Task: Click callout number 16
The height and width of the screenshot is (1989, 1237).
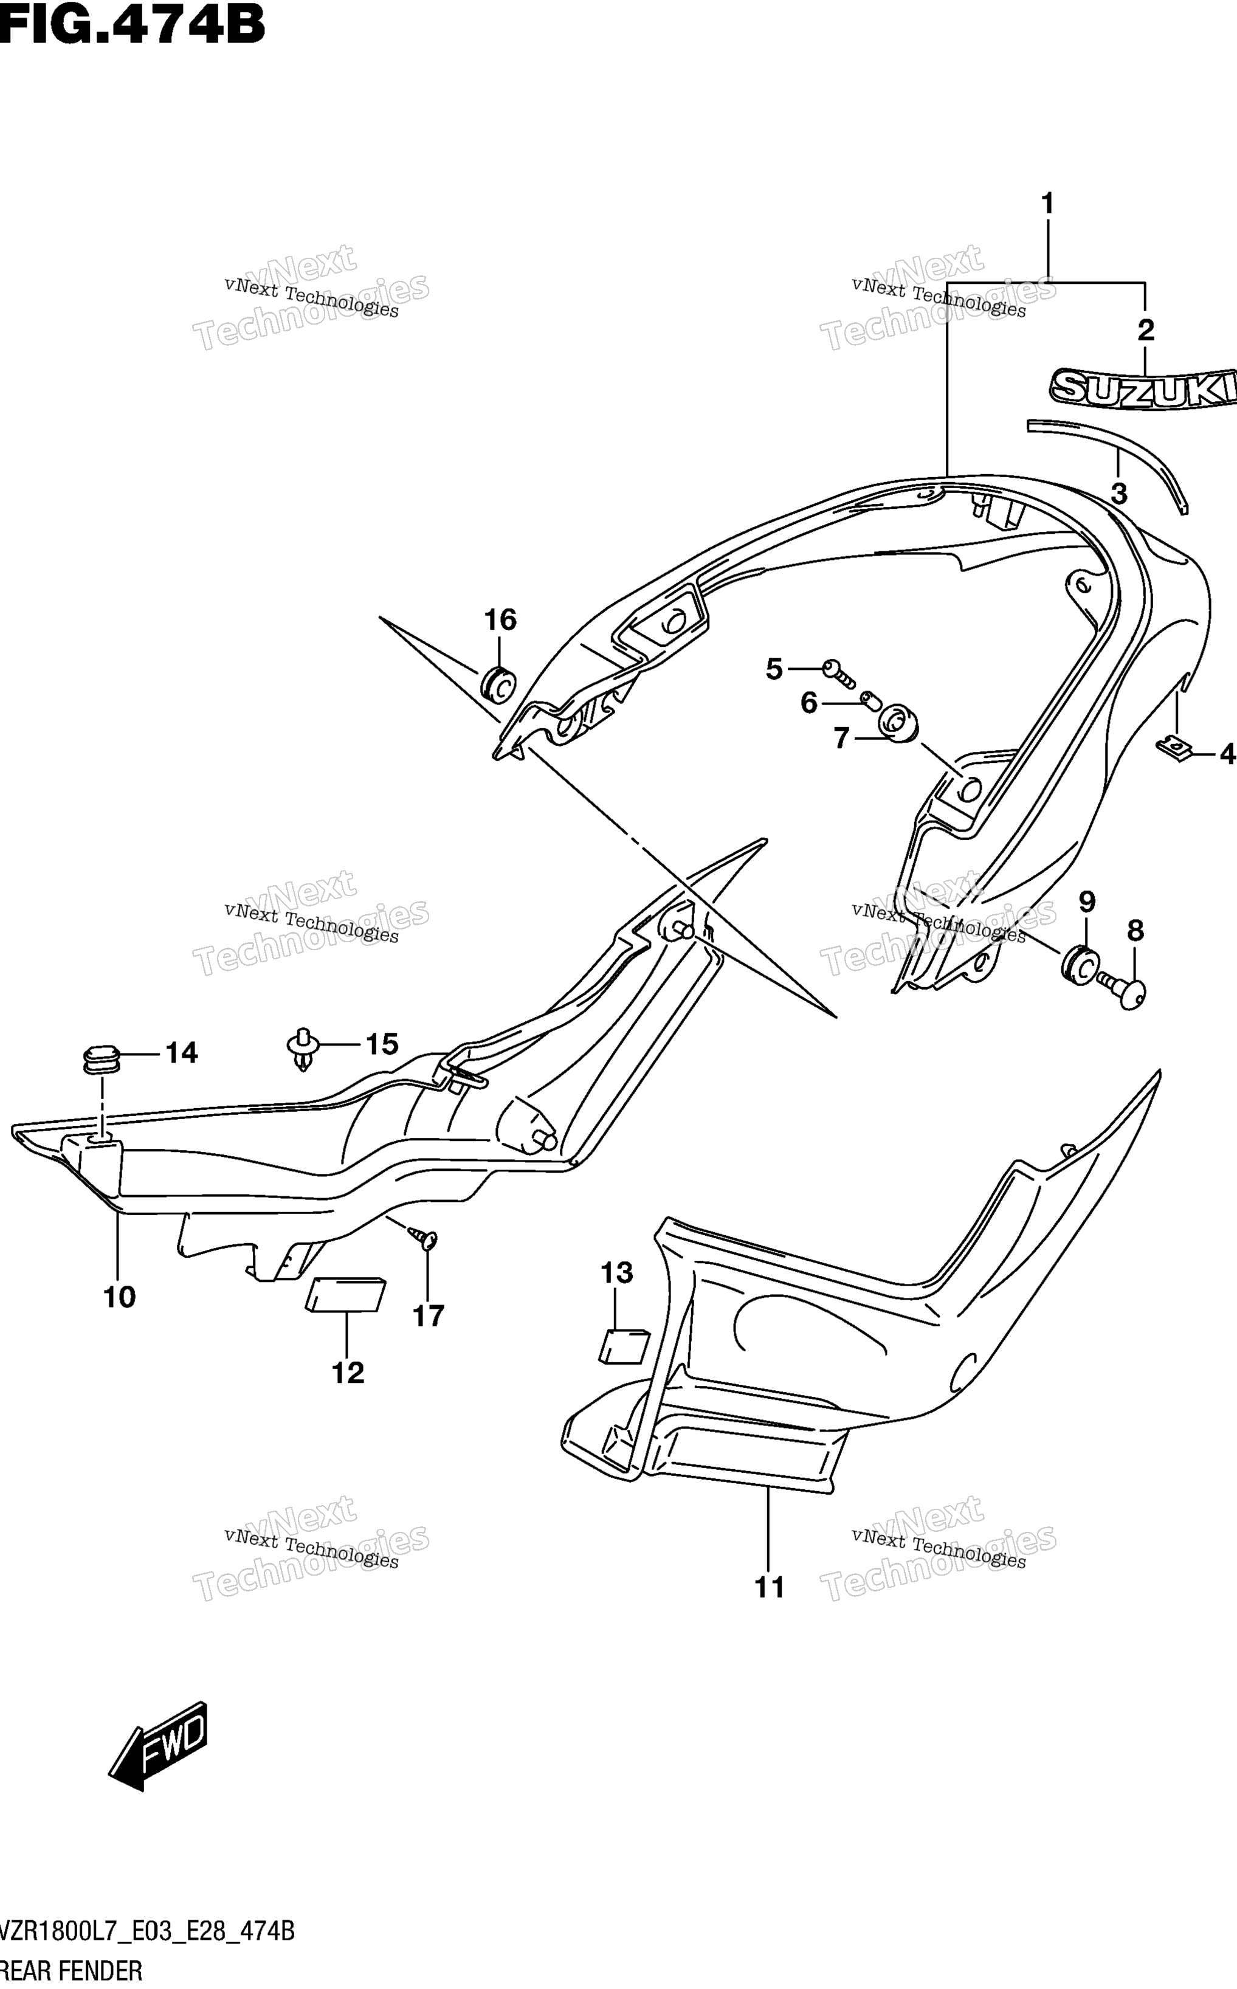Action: [x=500, y=620]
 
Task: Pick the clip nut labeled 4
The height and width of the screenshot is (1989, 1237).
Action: [x=1175, y=747]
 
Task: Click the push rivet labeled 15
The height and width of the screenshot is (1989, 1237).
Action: [x=303, y=1049]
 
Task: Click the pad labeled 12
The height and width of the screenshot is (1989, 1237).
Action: [x=345, y=1294]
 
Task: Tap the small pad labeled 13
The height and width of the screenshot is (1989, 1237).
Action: [x=625, y=1346]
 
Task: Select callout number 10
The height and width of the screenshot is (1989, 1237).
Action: [x=120, y=1296]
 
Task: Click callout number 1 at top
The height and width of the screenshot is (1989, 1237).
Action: [x=1047, y=204]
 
